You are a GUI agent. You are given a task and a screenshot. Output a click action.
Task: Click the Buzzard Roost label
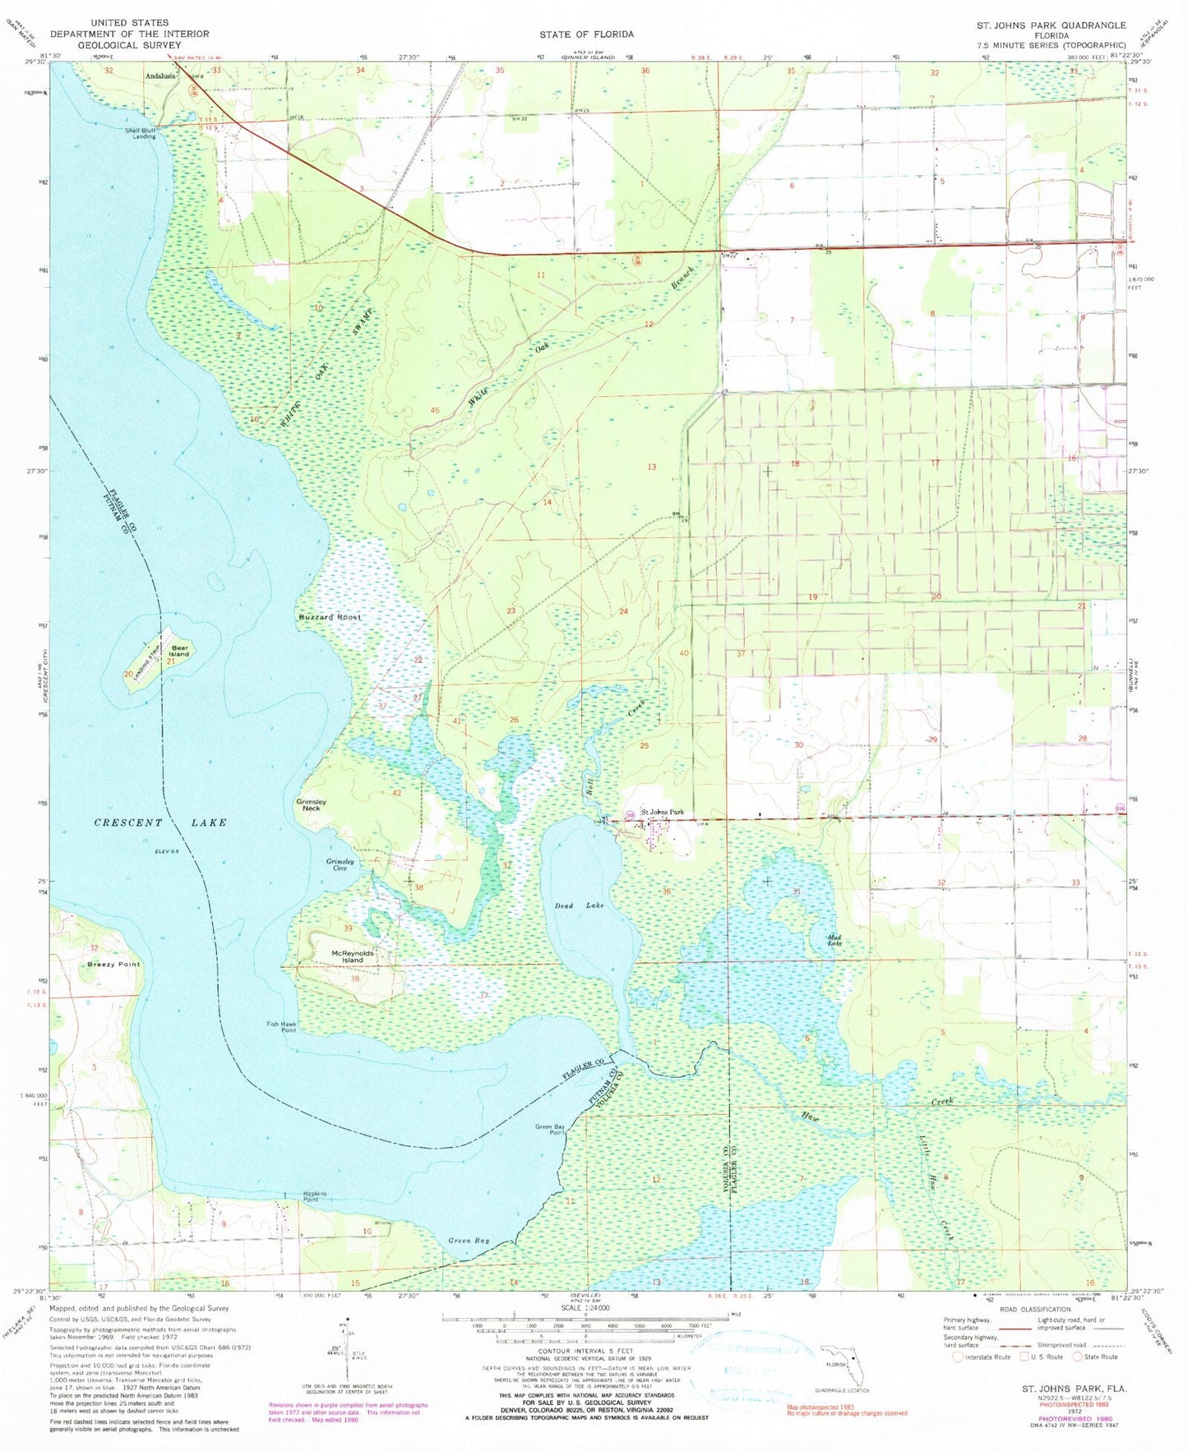[329, 616]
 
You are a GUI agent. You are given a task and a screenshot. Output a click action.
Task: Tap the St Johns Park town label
[662, 813]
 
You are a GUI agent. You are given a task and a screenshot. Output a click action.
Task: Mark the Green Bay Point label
[550, 1129]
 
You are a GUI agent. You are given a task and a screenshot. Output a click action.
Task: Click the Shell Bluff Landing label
[140, 133]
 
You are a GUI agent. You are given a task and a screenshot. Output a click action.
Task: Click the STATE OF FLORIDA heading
[586, 34]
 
